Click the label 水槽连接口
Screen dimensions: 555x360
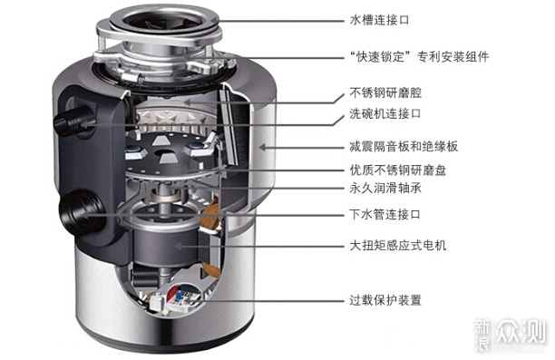[379, 20]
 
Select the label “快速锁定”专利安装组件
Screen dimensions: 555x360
[419, 56]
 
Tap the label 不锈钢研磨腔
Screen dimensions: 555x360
[385, 93]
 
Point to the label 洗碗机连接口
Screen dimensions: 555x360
[385, 113]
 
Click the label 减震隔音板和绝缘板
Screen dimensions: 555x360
[404, 146]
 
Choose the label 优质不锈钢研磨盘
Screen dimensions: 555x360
[398, 170]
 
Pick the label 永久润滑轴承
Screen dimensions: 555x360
[385, 188]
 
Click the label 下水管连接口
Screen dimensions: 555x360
[385, 214]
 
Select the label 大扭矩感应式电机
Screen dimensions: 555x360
[398, 246]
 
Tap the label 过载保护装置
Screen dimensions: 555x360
[385, 300]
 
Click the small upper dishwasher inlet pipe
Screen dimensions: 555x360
[73, 121]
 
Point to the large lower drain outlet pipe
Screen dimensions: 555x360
[80, 212]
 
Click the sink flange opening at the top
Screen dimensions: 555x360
[160, 18]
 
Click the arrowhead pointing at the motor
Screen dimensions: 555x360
[178, 246]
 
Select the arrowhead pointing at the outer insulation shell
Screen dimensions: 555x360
[262, 147]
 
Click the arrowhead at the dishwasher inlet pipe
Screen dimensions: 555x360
[84, 124]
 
